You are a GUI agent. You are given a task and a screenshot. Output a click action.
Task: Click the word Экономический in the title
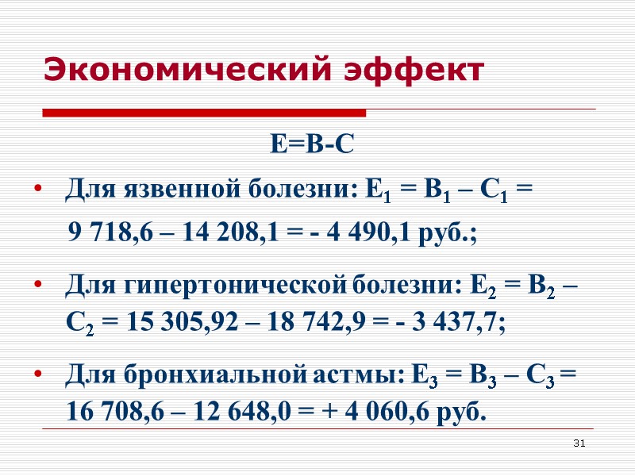pos(190,70)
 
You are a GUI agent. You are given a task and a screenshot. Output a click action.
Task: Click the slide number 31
pos(579,442)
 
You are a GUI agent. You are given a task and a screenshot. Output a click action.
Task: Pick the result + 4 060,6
pos(362,413)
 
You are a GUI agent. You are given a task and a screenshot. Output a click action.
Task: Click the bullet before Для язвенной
pos(37,191)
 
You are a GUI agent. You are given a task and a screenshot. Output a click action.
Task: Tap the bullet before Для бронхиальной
pos(37,373)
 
